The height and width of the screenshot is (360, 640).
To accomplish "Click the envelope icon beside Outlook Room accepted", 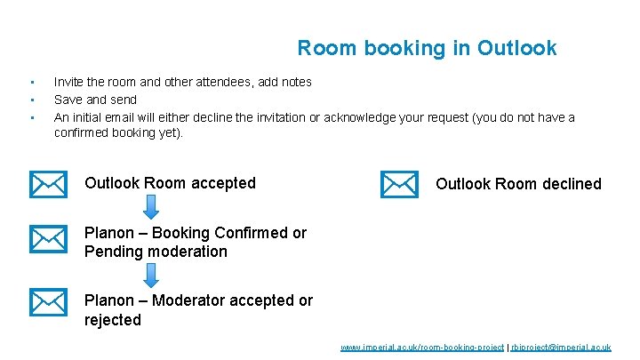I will point(48,184).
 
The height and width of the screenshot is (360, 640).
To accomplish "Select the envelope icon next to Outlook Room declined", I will point(399,184).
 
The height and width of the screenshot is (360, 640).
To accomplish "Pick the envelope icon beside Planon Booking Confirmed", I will point(48,239).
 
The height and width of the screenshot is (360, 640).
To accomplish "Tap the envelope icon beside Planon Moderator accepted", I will point(48,302).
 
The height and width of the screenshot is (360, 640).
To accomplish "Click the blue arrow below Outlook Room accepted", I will point(151,207).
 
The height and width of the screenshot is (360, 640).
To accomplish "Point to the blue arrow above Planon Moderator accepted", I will point(151,275).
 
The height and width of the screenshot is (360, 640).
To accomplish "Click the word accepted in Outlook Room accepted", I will point(222,183).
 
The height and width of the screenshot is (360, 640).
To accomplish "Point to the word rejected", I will point(113,320).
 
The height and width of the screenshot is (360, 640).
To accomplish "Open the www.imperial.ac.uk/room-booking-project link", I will point(422,347).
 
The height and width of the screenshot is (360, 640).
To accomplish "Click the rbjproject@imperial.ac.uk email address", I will point(560,347).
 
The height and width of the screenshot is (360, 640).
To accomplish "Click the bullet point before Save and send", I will point(31,100).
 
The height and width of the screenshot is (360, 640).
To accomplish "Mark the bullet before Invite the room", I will point(31,82).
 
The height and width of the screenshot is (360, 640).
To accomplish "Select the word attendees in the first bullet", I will point(229,82).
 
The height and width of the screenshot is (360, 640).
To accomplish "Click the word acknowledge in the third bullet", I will point(360,117).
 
